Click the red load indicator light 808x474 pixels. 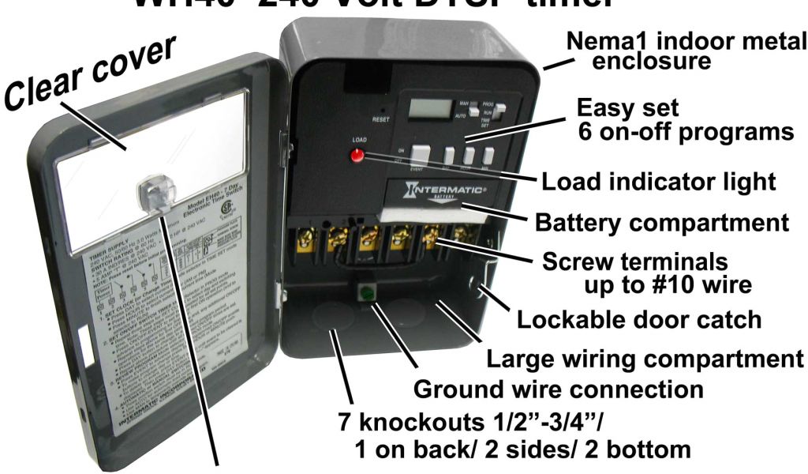point(357,154)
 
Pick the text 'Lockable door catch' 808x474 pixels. point(638,320)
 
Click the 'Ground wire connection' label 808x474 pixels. point(558,389)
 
